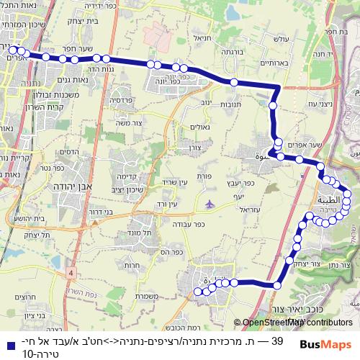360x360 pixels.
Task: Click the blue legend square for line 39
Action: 7,343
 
